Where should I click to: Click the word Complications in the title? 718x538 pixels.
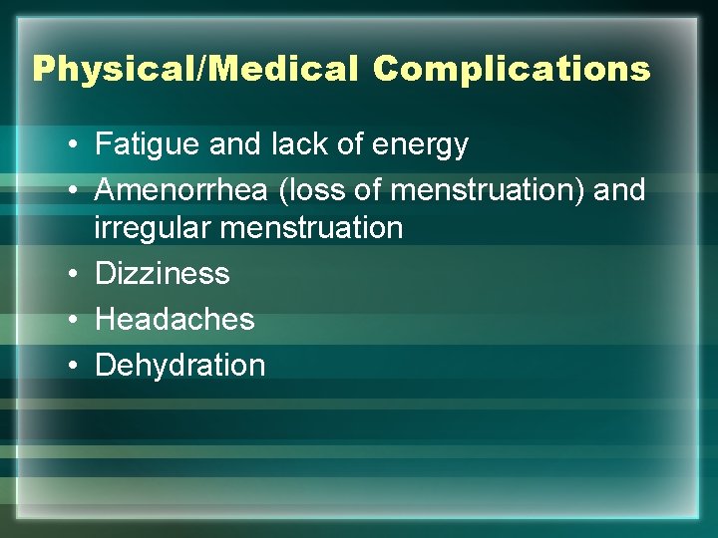[x=513, y=70]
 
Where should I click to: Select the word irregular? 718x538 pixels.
[x=152, y=228]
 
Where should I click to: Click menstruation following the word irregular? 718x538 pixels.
[x=310, y=228]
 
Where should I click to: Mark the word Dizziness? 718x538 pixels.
[x=162, y=274]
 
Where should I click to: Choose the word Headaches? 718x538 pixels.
[x=175, y=320]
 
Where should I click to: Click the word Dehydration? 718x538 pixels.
[x=179, y=366]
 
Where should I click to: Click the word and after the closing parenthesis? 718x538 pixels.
[x=619, y=189]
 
